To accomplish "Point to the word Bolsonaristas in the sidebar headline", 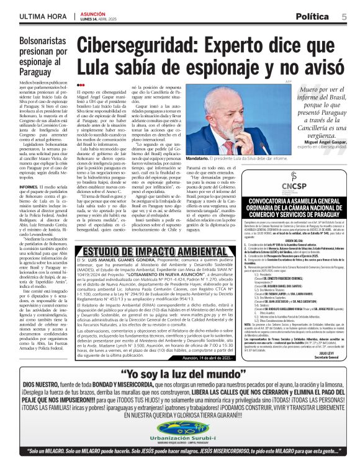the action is point(45,42).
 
